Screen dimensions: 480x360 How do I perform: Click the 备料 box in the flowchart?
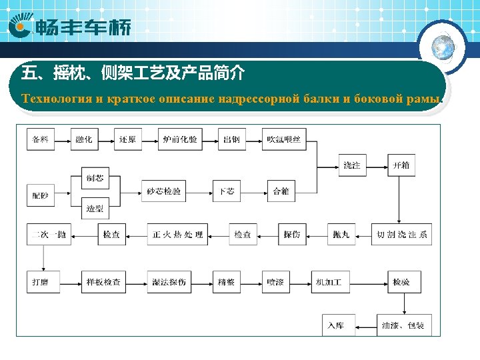click(x=41, y=139)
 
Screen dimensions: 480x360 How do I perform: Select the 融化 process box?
click(x=84, y=139)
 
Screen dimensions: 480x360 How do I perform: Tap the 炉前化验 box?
click(x=180, y=139)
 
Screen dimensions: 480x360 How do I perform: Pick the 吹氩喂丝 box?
click(x=284, y=139)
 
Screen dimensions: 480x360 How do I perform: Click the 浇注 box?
click(x=351, y=165)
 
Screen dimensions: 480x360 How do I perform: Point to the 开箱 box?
click(x=401, y=165)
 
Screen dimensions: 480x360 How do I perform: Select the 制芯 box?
click(x=95, y=178)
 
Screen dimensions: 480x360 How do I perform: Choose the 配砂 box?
click(x=41, y=195)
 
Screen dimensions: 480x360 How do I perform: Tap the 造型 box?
click(x=95, y=209)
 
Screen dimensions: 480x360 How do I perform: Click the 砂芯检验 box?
click(x=164, y=191)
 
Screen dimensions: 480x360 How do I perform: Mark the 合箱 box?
click(x=281, y=191)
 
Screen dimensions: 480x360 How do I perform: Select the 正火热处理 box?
click(x=177, y=235)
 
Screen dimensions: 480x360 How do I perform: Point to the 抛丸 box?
click(x=341, y=235)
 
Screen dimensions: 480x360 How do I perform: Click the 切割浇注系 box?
click(x=401, y=235)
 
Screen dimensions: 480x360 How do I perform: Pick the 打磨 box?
click(x=41, y=283)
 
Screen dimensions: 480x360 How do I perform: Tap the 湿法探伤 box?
click(x=169, y=283)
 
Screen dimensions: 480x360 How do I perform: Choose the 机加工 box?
click(x=329, y=283)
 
